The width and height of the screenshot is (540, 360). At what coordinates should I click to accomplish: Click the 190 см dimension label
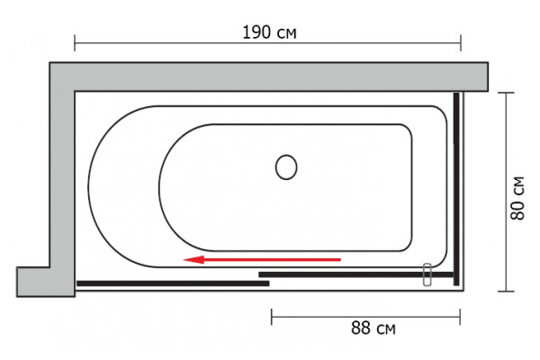click(x=269, y=32)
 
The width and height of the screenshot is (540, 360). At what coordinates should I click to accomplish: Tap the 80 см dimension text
click(x=517, y=198)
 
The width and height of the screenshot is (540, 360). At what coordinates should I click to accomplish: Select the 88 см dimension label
click(x=373, y=328)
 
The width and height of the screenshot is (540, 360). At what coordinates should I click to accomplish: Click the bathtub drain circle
click(x=286, y=167)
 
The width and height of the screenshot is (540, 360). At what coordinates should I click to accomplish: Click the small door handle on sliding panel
click(x=427, y=274)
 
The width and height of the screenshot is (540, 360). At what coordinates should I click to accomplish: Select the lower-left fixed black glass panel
click(x=173, y=283)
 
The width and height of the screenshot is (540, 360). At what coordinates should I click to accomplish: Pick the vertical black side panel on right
click(x=456, y=189)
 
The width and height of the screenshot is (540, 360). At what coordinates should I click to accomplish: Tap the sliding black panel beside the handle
click(x=355, y=274)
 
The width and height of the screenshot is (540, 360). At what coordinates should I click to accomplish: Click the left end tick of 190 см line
click(x=75, y=43)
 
